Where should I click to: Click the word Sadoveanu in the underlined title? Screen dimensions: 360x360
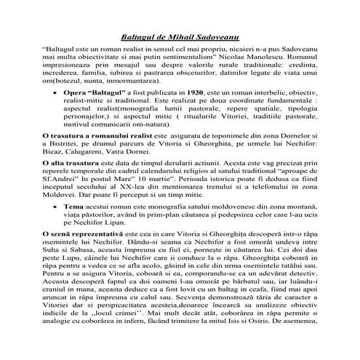[215, 35]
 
